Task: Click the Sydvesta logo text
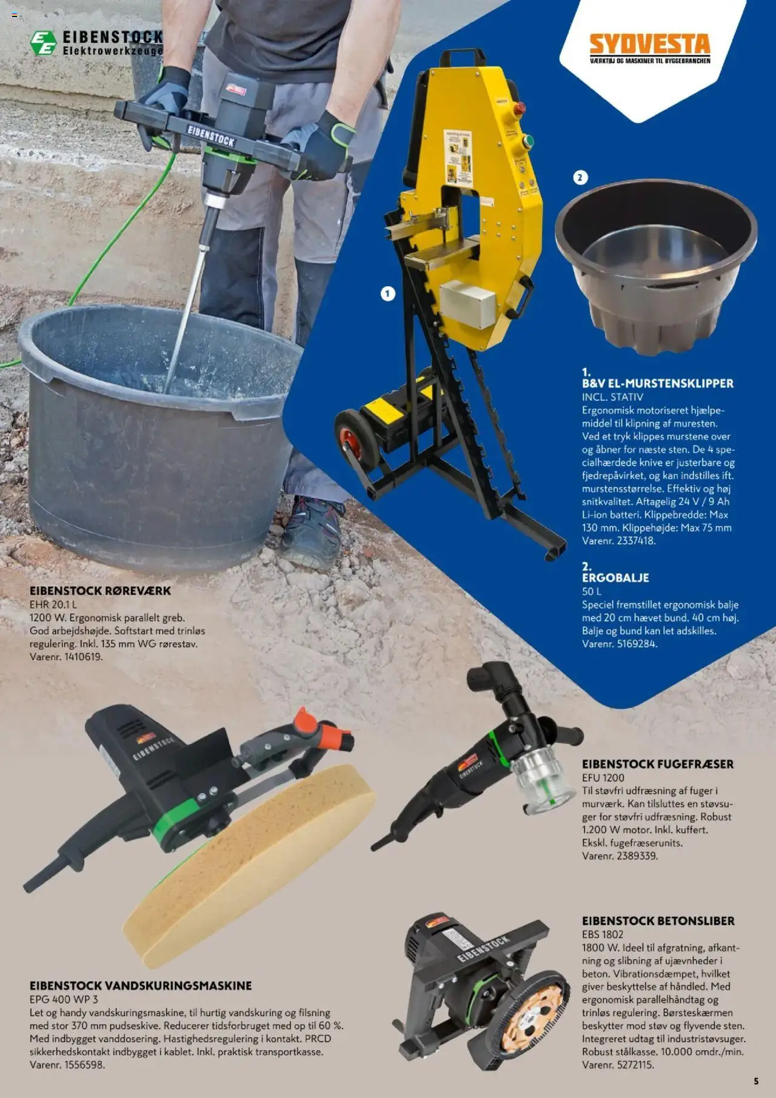(649, 44)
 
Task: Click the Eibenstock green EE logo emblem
(43, 43)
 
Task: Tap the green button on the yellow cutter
(527, 141)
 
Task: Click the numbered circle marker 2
(580, 178)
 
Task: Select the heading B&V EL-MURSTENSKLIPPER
(657, 383)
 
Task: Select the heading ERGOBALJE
(615, 578)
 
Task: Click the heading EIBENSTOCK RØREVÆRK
(100, 591)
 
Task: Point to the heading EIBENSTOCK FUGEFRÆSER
(657, 764)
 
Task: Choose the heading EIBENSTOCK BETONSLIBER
(658, 921)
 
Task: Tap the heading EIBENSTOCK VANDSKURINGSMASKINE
(141, 986)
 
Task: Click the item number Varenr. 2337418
(618, 541)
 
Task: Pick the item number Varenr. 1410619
(66, 657)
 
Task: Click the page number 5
(756, 1081)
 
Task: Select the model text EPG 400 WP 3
(64, 999)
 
